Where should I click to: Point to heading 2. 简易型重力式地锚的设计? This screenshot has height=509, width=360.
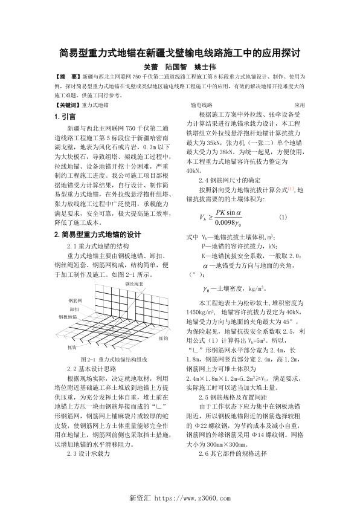click(97, 235)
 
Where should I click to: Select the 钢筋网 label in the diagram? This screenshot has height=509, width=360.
click(77, 300)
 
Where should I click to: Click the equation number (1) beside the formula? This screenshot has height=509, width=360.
click(283, 217)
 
